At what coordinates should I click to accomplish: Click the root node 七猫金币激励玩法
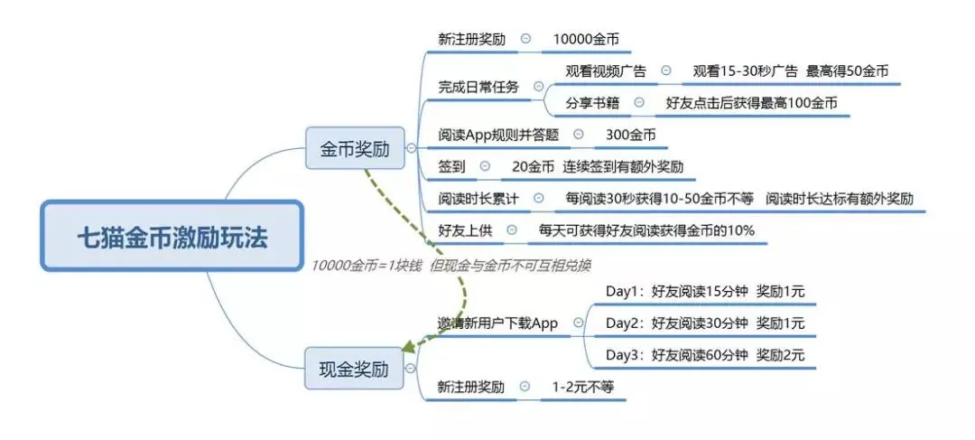[172, 237]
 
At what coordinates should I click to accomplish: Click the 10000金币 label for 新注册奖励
[586, 41]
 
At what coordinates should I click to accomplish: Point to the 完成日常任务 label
[478, 88]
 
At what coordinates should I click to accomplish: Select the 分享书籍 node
[592, 103]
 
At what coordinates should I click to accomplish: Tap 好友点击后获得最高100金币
[751, 103]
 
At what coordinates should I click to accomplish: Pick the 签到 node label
[451, 167]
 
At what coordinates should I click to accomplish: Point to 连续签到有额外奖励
[623, 167]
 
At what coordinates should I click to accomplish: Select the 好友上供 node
[464, 230]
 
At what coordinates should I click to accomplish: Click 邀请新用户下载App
[497, 323]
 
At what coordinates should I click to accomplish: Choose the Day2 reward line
[704, 323]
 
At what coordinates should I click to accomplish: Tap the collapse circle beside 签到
[485, 167]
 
